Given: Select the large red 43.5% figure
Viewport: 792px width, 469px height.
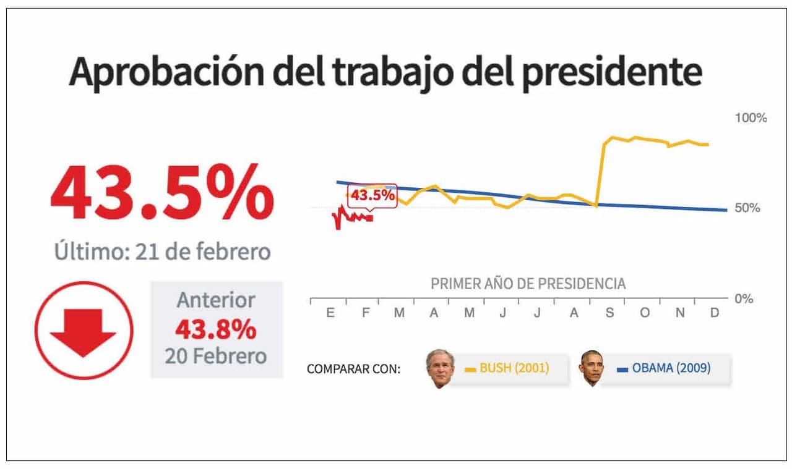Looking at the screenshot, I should [x=162, y=192].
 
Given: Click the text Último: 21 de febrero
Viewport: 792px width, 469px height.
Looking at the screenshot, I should [x=162, y=252].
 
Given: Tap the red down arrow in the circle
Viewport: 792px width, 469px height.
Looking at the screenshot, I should [x=84, y=332].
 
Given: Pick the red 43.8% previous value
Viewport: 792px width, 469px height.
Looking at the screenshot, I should [x=215, y=330].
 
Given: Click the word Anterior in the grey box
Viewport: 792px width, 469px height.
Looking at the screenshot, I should [x=216, y=300].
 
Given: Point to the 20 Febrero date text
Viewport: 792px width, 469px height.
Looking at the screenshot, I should [x=215, y=356].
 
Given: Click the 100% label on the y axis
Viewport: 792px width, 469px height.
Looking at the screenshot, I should [x=750, y=117].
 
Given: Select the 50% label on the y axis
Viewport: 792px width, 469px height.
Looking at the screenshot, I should [x=747, y=208].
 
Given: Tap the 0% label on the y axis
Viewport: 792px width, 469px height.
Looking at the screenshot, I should [x=743, y=298].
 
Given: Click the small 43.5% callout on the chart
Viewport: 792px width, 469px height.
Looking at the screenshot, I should [x=372, y=196].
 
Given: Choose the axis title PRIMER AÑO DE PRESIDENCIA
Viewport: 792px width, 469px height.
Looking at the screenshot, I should [x=528, y=284].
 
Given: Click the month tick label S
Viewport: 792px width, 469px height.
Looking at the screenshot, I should [x=609, y=313].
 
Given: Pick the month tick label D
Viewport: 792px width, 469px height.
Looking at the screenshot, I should [x=715, y=313].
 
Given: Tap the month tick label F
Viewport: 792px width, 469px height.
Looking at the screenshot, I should [x=365, y=313].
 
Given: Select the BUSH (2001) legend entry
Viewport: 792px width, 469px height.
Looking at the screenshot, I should [x=507, y=368].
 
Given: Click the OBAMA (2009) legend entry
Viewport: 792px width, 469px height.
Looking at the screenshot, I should [x=664, y=368].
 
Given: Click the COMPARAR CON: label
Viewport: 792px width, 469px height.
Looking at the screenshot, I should [x=353, y=370].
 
